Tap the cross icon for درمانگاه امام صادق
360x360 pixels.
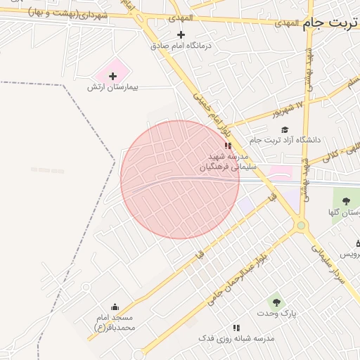pyautogui.click(x=181, y=34)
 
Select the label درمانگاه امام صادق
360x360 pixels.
pyautogui.click(x=181, y=46)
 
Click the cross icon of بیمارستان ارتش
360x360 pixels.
pyautogui.click(x=112, y=75)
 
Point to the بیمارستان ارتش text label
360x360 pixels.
pyautogui.click(x=113, y=87)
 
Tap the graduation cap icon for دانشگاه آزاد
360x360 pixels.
pyautogui.click(x=285, y=129)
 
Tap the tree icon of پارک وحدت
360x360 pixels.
pyautogui.click(x=276, y=302)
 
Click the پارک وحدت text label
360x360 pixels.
pyautogui.click(x=276, y=313)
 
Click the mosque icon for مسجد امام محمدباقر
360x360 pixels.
pyautogui.click(x=115, y=307)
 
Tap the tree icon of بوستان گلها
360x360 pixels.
pyautogui.click(x=345, y=200)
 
